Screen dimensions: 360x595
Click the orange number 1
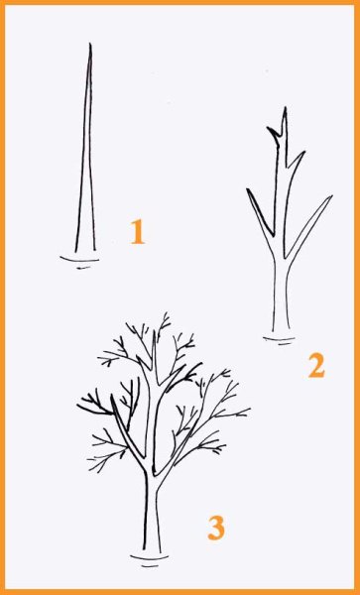tap(137, 232)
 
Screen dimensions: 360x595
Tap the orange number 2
tap(316, 365)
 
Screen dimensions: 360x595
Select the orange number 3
tap(216, 528)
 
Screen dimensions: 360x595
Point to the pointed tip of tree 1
tap(90, 44)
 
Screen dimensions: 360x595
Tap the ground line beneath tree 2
tap(279, 339)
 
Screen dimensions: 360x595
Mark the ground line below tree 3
tap(149, 557)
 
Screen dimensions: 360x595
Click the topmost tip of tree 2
tap(284, 108)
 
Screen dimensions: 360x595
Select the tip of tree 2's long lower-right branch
tap(331, 196)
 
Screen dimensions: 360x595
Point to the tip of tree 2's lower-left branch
tap(248, 189)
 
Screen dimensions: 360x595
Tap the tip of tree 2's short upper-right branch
tap(303, 152)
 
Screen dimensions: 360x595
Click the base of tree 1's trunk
tap(85, 251)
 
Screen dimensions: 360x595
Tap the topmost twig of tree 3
tap(166, 313)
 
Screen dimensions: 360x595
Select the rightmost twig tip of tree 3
tap(250, 409)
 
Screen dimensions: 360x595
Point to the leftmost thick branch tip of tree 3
tap(77, 406)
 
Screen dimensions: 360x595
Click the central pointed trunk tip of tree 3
tap(154, 331)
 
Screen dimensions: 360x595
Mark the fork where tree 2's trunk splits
tap(281, 259)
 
